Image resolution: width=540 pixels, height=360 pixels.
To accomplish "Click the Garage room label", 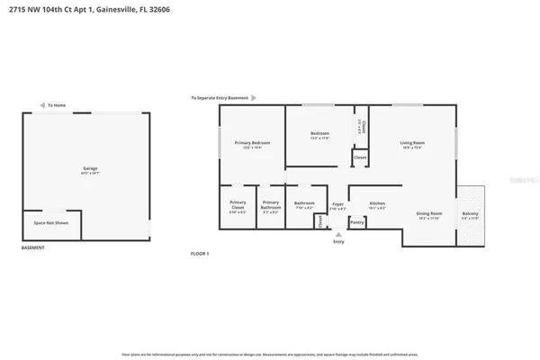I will pos(90,168).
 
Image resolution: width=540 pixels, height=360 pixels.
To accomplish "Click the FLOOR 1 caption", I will pos(201,254).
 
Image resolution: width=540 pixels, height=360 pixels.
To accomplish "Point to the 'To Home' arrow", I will pos(40,105).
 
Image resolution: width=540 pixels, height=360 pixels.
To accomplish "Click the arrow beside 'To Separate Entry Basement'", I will pos(254,97).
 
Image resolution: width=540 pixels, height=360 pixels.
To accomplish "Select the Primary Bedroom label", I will pos(253,143).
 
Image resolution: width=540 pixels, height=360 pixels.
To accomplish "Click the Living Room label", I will pos(412,143).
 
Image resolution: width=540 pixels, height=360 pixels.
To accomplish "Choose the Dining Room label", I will pos(428,214).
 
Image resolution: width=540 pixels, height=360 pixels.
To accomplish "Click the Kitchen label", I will pos(378,203).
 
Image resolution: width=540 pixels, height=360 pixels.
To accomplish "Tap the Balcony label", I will pos(471,214).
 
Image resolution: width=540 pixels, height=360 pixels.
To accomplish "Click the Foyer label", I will pos(337,204).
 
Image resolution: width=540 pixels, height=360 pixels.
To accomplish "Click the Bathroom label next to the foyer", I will pos(304,203).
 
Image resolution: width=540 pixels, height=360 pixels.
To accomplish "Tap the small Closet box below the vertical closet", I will pos(360,157).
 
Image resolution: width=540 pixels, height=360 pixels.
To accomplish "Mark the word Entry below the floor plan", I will pos(338,241).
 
